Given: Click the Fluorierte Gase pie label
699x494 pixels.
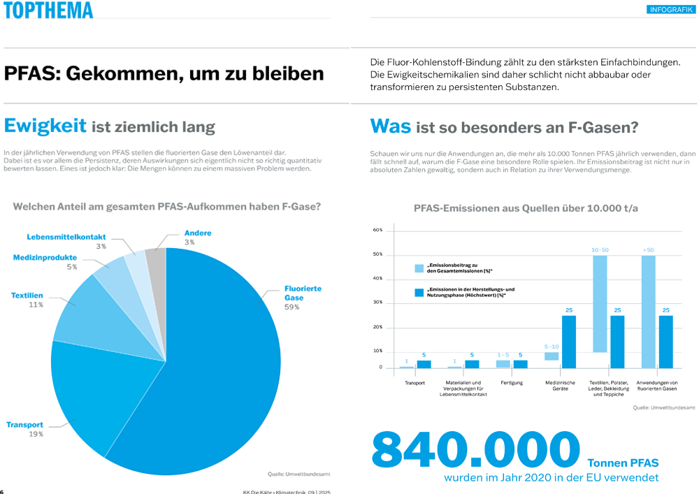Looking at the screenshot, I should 303,293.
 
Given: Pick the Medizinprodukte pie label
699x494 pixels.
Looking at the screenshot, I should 45,258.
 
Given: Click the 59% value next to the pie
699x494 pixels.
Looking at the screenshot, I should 291,307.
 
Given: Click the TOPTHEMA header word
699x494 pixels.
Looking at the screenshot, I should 47,10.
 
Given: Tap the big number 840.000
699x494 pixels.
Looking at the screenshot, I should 475,450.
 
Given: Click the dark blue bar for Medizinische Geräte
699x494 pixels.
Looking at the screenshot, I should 569,342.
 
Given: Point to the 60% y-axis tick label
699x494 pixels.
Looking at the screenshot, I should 377,230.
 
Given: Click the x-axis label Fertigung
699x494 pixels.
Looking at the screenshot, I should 512,383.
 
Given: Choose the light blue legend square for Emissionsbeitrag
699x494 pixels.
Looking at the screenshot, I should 419,268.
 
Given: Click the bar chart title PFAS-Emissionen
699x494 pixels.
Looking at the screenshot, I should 526,208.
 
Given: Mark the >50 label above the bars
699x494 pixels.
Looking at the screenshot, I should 648,249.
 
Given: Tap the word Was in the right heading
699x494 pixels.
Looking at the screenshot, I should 389,126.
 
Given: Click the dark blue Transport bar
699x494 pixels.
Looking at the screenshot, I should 424,364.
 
